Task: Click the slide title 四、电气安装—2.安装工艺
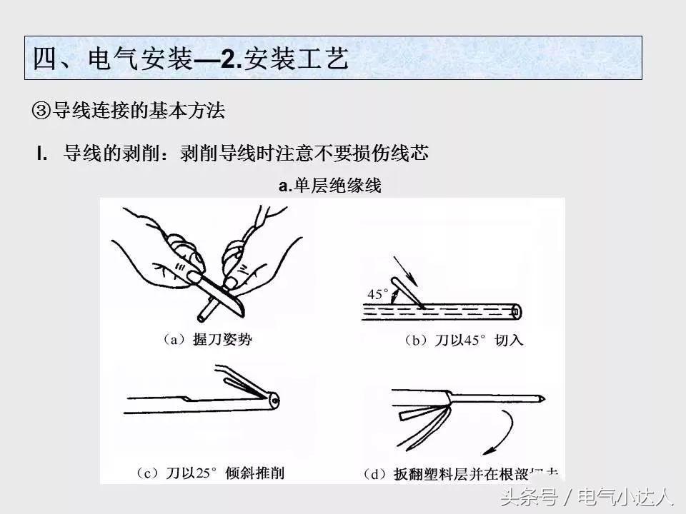point(191,59)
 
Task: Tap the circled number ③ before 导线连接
point(41,111)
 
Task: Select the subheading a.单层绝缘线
point(329,186)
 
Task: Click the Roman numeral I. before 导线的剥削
point(42,153)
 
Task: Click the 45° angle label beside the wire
point(377,293)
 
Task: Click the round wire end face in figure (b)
point(515,311)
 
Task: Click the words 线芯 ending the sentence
point(414,153)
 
